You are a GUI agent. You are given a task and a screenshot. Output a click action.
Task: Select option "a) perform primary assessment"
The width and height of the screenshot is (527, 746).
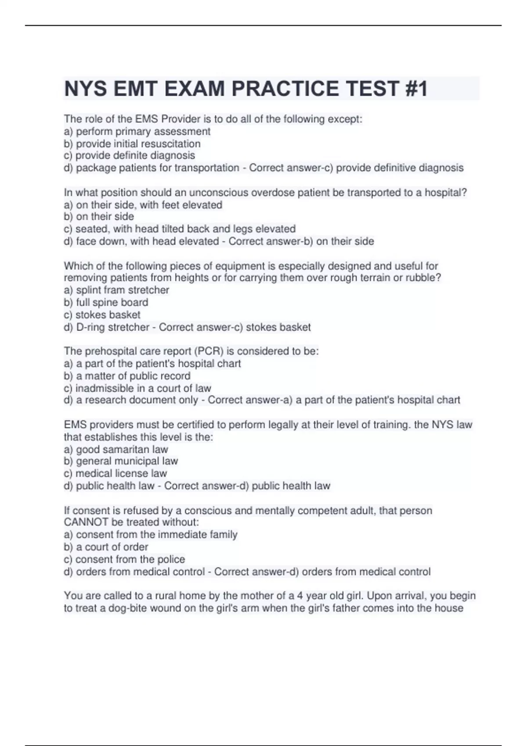point(137,131)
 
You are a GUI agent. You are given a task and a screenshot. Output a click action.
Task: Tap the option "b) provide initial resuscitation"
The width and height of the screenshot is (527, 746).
point(132,143)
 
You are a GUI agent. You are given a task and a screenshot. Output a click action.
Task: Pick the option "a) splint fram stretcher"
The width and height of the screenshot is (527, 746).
point(116,290)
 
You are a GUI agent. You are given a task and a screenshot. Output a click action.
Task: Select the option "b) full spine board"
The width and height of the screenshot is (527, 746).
point(106,302)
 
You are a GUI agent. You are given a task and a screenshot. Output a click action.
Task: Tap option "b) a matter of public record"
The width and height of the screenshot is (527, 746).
point(127,376)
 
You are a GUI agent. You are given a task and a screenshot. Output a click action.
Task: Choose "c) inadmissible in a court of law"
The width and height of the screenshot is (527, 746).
point(137,388)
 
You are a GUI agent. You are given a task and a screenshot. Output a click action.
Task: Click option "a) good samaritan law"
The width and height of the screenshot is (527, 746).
point(116,449)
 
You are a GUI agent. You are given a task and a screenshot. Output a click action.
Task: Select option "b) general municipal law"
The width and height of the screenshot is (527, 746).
point(121,461)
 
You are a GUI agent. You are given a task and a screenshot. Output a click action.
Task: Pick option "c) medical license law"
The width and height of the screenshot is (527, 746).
point(116,473)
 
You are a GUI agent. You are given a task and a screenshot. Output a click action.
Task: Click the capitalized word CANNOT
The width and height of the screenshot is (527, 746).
point(86,522)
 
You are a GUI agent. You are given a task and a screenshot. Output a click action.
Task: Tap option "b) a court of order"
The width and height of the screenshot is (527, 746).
point(106,547)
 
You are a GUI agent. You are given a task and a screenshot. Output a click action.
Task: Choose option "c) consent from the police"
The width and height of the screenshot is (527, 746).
point(124,559)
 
